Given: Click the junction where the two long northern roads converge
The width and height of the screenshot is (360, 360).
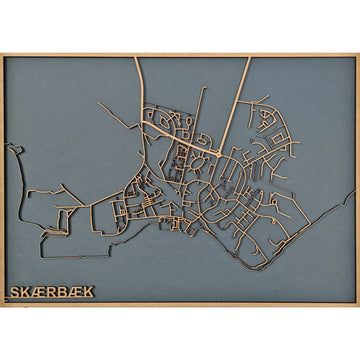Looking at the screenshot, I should point(219,156).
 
